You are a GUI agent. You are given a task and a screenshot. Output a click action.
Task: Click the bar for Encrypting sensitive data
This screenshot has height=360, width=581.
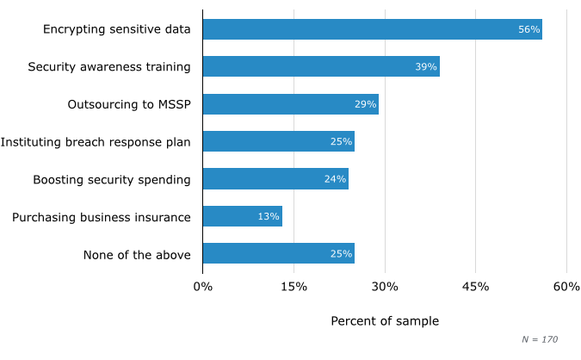pyautogui.click(x=372, y=29)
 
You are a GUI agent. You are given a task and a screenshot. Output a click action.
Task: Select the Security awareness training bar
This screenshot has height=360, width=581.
pyautogui.click(x=321, y=66)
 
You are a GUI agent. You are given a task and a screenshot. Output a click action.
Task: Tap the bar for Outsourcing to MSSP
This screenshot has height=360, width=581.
pyautogui.click(x=290, y=104)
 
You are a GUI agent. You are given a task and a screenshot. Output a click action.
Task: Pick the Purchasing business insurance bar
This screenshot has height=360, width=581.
pyautogui.click(x=242, y=216)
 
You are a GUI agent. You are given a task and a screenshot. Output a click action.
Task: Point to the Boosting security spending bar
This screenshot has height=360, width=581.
pyautogui.click(x=275, y=179)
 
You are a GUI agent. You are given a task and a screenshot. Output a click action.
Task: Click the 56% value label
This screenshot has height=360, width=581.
pyautogui.click(x=528, y=29)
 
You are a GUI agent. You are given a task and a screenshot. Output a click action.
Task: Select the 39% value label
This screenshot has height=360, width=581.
pyautogui.click(x=426, y=66)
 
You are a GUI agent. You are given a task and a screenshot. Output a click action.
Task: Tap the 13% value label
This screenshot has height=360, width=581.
pyautogui.click(x=269, y=216)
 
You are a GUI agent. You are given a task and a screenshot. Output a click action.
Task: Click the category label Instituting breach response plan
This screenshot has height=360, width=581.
pyautogui.click(x=96, y=142)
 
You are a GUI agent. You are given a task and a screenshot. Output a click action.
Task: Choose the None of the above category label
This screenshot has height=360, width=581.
pyautogui.click(x=137, y=254)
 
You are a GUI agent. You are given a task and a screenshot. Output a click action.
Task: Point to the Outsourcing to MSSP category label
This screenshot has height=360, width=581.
pyautogui.click(x=129, y=104)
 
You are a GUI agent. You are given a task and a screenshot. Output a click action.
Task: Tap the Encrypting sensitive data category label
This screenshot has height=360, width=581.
pyautogui.click(x=117, y=29)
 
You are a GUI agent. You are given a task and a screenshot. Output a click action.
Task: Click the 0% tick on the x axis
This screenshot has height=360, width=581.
pyautogui.click(x=203, y=286)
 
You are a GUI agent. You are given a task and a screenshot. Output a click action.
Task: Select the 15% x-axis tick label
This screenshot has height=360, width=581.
pyautogui.click(x=294, y=286)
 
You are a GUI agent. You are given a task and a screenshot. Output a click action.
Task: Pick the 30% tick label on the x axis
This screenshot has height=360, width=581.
pyautogui.click(x=385, y=286)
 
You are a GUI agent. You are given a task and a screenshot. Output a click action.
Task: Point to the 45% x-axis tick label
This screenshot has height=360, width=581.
pyautogui.click(x=475, y=286)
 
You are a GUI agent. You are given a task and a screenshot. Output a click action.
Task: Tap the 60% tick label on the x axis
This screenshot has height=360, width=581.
pyautogui.click(x=566, y=286)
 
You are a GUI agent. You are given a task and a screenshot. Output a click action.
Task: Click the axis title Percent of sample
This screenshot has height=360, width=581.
pyautogui.click(x=385, y=321)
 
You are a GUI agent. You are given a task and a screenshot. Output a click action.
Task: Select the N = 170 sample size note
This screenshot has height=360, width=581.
pyautogui.click(x=541, y=339)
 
